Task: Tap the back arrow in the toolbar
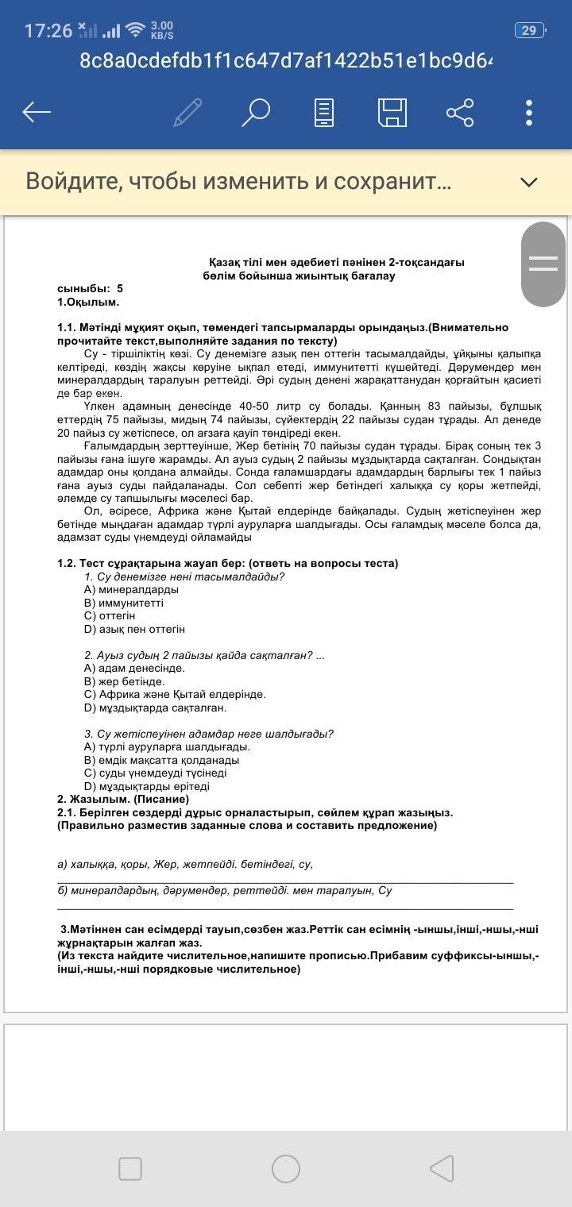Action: click(37, 112)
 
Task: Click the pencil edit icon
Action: click(187, 112)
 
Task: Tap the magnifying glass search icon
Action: click(256, 112)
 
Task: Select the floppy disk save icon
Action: click(392, 112)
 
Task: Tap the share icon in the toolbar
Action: click(460, 112)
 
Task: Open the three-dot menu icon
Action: click(529, 112)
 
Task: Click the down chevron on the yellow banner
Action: click(529, 182)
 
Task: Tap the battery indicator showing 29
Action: click(529, 30)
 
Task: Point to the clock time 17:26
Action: click(48, 31)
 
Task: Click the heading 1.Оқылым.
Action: click(88, 302)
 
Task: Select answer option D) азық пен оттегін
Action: click(134, 629)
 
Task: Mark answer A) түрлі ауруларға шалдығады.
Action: click(167, 746)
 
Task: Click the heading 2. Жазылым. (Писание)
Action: click(123, 799)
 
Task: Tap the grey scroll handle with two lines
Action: click(543, 264)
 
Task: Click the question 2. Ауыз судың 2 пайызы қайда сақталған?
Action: click(204, 655)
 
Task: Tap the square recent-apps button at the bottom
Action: click(130, 1169)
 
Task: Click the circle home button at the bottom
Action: click(286, 1169)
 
